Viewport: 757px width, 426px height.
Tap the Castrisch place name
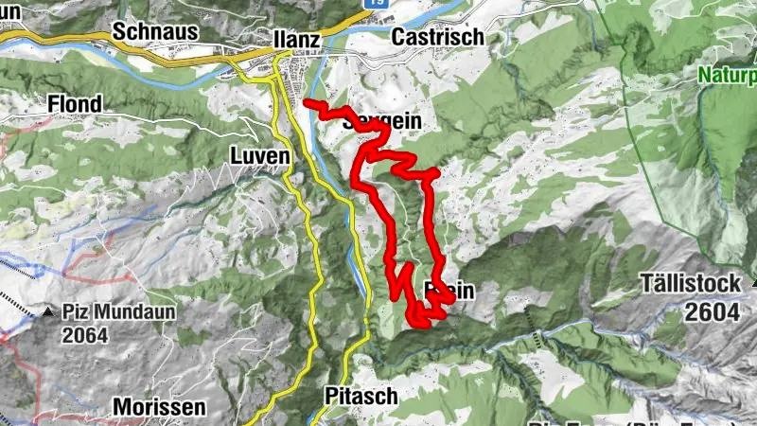click(x=436, y=37)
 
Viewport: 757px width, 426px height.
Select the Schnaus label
click(x=155, y=31)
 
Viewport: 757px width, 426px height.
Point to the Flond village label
click(x=80, y=103)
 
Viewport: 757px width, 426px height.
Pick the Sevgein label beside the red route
click(x=383, y=121)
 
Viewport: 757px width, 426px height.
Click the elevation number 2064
click(x=87, y=334)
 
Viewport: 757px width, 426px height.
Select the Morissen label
click(x=158, y=407)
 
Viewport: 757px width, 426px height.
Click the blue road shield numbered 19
click(x=376, y=3)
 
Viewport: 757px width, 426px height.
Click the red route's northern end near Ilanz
click(x=308, y=101)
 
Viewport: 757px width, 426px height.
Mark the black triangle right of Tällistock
click(x=753, y=283)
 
